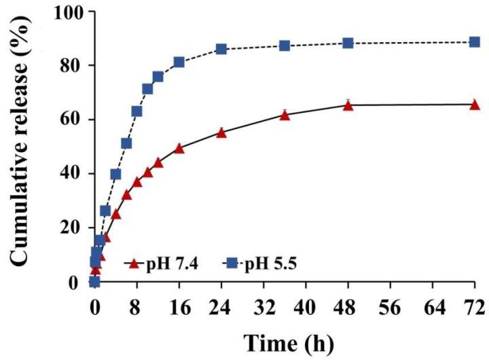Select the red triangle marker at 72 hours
pos(474,104)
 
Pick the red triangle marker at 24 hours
pos(221,132)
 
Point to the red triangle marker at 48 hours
pos(348,105)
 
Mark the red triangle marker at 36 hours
pos(285,115)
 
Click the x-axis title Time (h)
pos(285,343)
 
